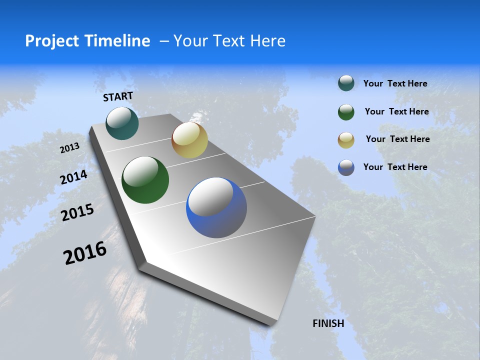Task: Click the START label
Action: [x=118, y=96]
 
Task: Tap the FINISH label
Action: [x=328, y=323]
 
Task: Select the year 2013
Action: [x=70, y=148]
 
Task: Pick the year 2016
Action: [x=85, y=253]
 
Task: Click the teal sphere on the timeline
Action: [x=122, y=123]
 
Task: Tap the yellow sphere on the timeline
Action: [x=189, y=140]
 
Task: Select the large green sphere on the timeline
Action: [x=145, y=180]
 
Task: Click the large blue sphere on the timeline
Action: [x=216, y=207]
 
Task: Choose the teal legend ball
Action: [x=346, y=83]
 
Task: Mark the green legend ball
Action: [x=346, y=111]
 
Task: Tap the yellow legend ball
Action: [x=346, y=139]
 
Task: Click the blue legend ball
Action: [x=346, y=167]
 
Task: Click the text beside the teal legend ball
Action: [x=395, y=83]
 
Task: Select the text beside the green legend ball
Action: [x=397, y=111]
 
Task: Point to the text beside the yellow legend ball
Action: [x=398, y=139]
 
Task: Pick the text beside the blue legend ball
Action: [x=395, y=167]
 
